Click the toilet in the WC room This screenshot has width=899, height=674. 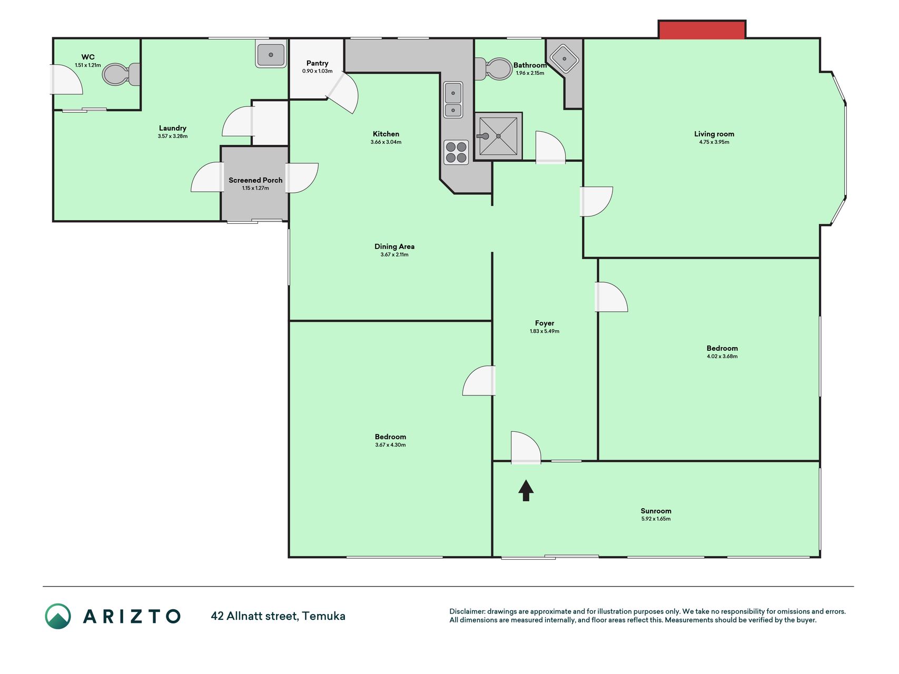point(121,74)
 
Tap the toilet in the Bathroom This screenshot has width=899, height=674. point(493,68)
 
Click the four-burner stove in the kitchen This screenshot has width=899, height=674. point(456,152)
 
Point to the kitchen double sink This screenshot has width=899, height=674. point(453,100)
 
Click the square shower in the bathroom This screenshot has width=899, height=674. point(498,136)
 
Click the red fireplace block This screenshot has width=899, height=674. point(702,30)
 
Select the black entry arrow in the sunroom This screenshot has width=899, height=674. point(526,490)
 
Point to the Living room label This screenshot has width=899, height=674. point(714,134)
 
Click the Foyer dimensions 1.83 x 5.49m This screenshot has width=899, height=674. point(545,331)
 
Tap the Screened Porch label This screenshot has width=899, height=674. point(255,180)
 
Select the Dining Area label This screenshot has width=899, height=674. point(394,246)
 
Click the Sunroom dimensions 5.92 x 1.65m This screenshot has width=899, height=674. point(656,519)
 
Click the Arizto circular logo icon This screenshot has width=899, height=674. point(58,616)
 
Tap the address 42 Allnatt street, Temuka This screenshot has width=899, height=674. point(278,616)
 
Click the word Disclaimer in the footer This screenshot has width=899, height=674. point(467,611)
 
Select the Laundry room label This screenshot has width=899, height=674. point(173,128)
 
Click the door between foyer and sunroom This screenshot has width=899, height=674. point(526,448)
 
